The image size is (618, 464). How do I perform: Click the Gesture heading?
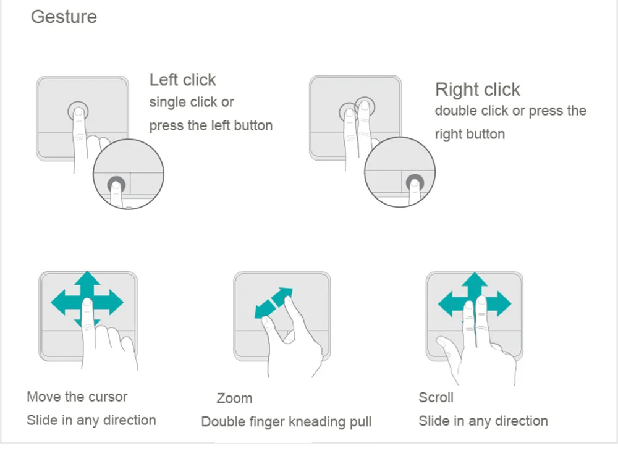click(x=64, y=17)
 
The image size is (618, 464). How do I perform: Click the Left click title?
click(x=182, y=80)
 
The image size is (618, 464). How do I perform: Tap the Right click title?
click(x=477, y=90)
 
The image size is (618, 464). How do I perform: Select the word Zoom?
click(x=234, y=399)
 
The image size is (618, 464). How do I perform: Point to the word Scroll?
click(x=436, y=397)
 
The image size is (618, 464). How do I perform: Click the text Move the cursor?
click(x=77, y=397)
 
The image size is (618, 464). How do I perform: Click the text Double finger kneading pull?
click(x=286, y=422)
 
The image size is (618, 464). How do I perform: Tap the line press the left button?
click(x=211, y=125)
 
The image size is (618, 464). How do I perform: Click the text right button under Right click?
click(x=470, y=134)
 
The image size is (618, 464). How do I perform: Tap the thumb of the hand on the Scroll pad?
click(x=447, y=348)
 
